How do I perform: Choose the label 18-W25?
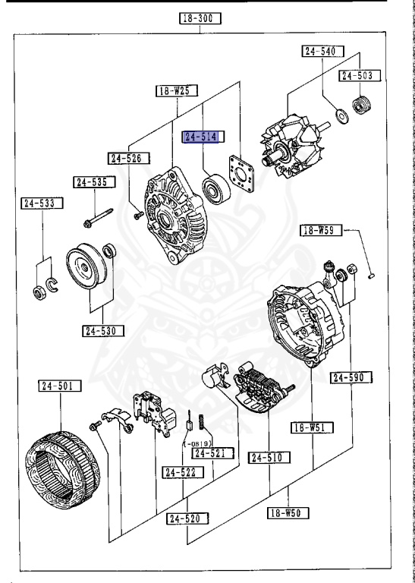[x=177, y=91]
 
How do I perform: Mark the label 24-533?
[x=42, y=203]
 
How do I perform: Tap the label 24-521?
[x=212, y=453]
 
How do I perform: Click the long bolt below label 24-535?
[x=99, y=217]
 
